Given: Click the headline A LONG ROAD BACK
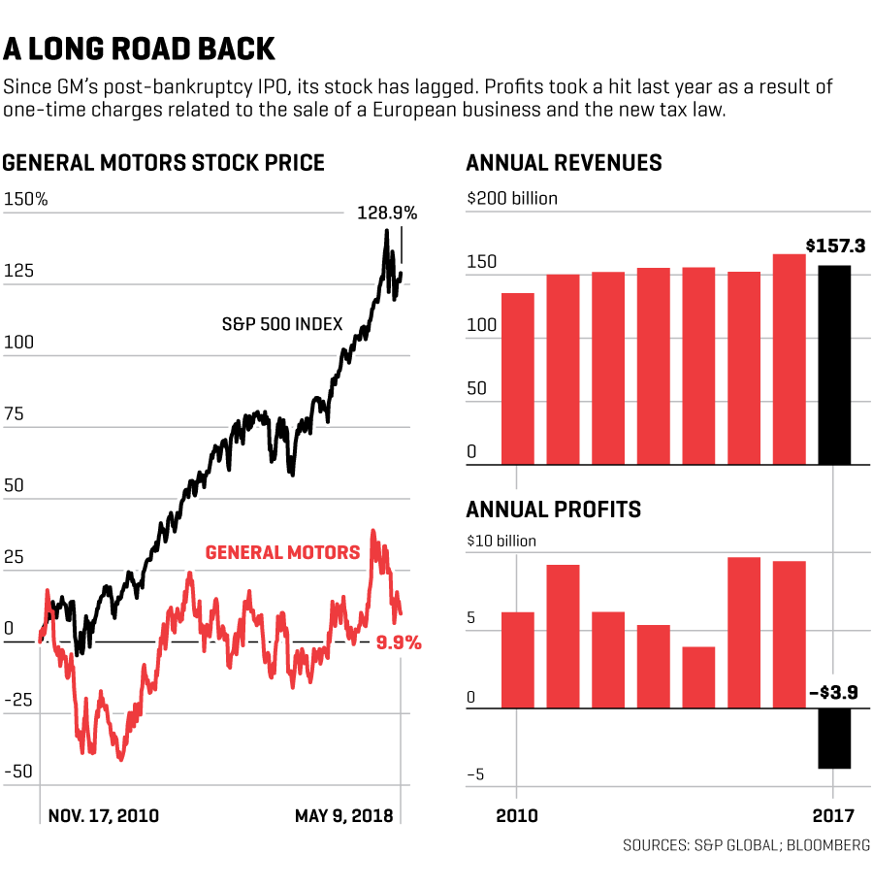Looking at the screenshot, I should [140, 49].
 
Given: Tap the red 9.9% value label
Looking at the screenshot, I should [398, 642].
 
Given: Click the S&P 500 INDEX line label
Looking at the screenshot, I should [281, 324].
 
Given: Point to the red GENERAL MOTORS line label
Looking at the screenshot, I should [282, 553].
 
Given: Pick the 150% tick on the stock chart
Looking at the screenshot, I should [25, 200].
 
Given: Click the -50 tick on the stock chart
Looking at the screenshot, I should [22, 773].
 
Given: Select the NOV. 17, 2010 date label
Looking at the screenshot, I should [103, 816].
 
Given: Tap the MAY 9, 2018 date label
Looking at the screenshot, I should [344, 816].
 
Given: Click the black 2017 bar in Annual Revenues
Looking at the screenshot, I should [834, 365].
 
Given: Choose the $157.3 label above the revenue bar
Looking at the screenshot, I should [834, 247].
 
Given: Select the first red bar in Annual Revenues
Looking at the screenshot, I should [517, 378].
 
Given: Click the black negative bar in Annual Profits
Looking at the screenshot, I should [834, 739].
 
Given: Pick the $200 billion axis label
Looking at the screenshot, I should [512, 199].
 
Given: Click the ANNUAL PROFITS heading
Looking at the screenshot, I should [554, 510].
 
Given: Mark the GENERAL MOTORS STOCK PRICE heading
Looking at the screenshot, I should [163, 163].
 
